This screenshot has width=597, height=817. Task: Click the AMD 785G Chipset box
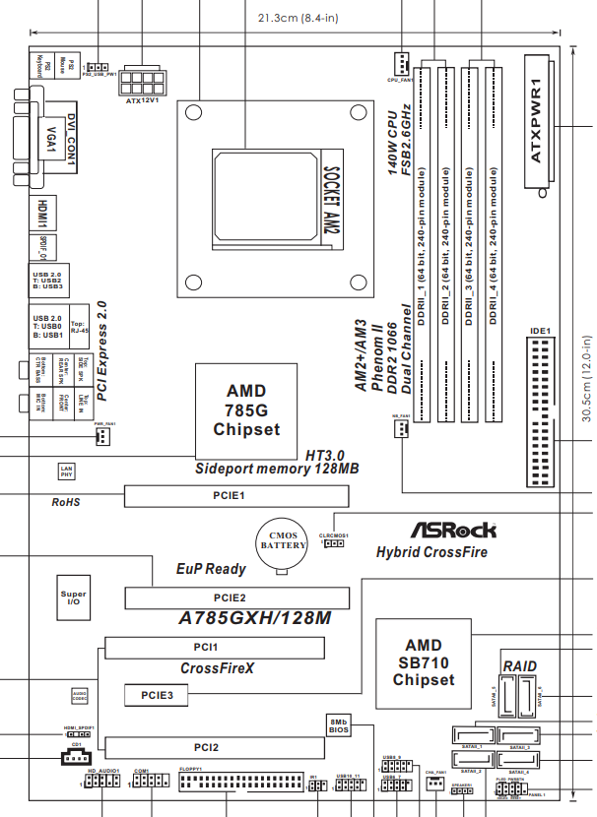point(247,410)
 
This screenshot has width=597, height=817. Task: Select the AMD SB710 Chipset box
point(423,661)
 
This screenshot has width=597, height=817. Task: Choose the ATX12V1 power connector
point(145,77)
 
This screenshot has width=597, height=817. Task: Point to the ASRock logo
point(453,530)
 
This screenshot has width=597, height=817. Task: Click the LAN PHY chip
point(66,471)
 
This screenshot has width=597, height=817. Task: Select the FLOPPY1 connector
point(237,785)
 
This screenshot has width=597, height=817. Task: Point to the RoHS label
point(65,502)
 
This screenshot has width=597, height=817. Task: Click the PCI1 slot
point(214,648)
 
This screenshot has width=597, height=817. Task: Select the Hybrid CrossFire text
point(431,552)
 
